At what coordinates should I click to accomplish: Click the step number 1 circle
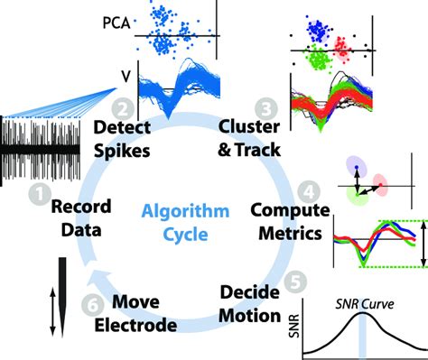(39, 190)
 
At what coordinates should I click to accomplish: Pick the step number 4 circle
(310, 191)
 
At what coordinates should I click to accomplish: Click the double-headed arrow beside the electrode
(26, 316)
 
